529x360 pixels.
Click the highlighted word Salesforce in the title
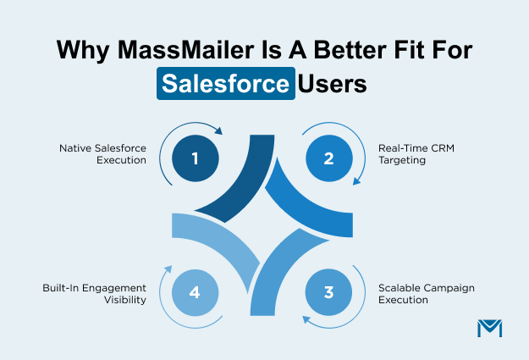pyautogui.click(x=226, y=86)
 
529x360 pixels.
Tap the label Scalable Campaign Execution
pyautogui.click(x=426, y=294)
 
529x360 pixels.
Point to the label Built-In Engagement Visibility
pyautogui.click(x=94, y=294)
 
